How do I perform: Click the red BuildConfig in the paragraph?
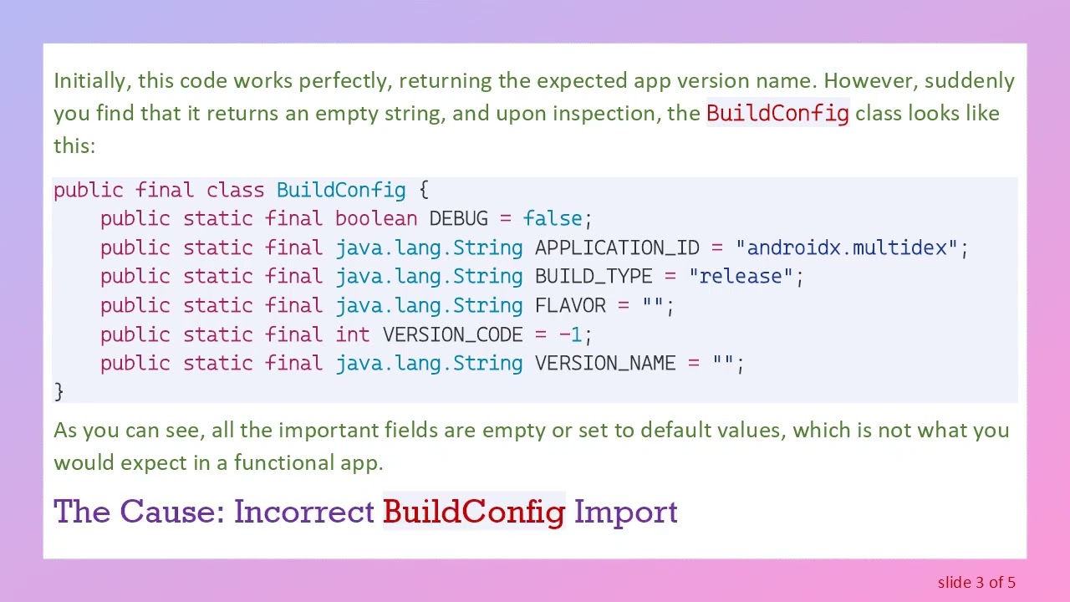(777, 113)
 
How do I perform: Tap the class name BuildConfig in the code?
(341, 190)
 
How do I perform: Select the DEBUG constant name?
(458, 219)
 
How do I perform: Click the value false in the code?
(553, 219)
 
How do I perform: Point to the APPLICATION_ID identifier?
(617, 247)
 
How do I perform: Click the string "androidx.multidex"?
(846, 247)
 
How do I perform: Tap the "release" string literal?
(741, 277)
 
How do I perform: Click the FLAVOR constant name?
(570, 305)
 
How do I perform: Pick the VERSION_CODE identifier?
(452, 334)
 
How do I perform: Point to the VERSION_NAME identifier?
(605, 363)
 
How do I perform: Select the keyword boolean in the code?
(376, 219)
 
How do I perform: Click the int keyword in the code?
(353, 334)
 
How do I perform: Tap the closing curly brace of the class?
(59, 391)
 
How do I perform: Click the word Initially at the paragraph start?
(91, 81)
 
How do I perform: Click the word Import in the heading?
(625, 512)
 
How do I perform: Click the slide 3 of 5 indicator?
(976, 582)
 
